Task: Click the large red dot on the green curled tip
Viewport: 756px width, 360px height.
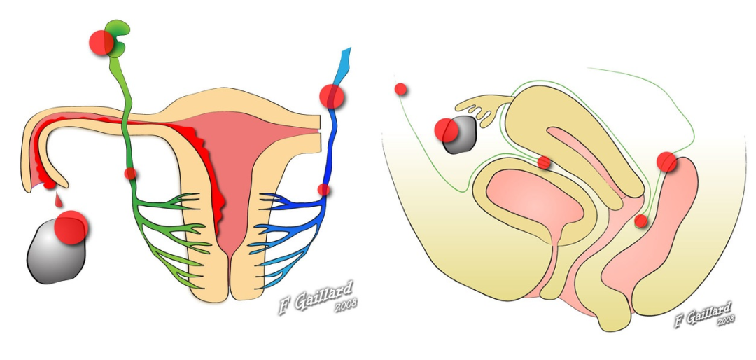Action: pos(101,43)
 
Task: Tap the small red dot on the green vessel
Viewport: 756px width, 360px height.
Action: pos(130,174)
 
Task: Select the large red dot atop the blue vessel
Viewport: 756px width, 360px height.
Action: pos(332,97)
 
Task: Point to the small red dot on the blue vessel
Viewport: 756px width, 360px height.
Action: pos(324,190)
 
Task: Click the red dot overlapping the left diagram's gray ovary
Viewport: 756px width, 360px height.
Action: pos(71,228)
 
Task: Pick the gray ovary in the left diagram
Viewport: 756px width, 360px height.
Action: pos(57,251)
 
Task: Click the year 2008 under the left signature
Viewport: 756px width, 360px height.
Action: pos(346,307)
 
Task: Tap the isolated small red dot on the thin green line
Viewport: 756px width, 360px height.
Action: pos(400,89)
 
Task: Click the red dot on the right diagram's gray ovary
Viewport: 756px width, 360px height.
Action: pos(447,130)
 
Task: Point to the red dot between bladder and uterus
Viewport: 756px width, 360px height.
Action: pos(544,162)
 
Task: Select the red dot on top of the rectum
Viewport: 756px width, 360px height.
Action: pos(667,162)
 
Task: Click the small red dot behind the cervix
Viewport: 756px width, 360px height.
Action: pos(640,221)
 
